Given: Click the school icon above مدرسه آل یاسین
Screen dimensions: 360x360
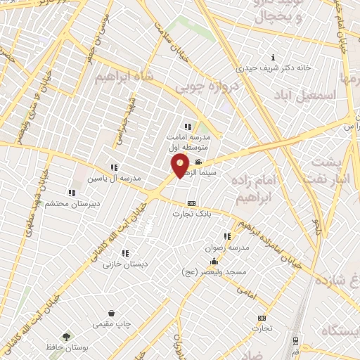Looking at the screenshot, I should click(x=113, y=167).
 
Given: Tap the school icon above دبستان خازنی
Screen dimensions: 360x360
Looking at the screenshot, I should click(x=125, y=253).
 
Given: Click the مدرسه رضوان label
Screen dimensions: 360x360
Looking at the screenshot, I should click(x=236, y=247).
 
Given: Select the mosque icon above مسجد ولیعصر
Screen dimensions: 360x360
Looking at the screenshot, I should click(x=214, y=261).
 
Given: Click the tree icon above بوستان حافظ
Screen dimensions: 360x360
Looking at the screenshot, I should click(x=67, y=337).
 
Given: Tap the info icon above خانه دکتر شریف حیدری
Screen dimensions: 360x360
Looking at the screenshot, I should click(x=273, y=57).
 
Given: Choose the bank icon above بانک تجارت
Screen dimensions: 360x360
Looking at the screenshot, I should click(x=191, y=204).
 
